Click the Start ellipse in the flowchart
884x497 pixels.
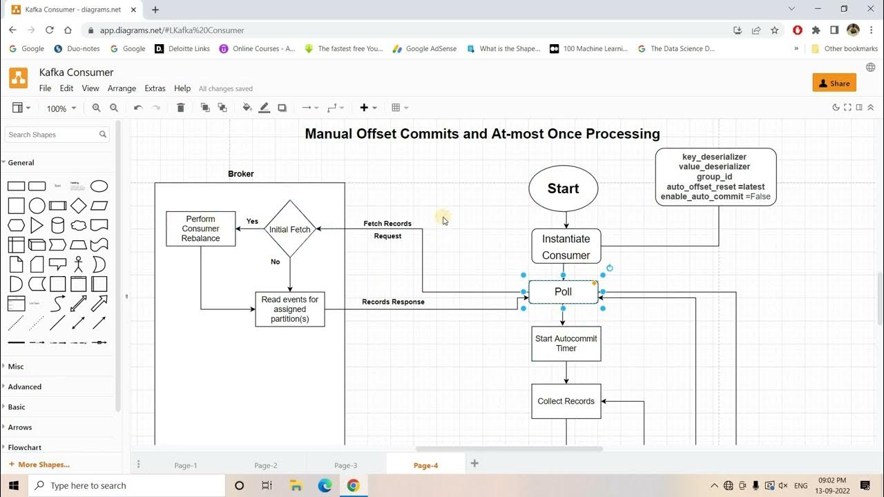[563, 188]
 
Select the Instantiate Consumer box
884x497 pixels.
[566, 246]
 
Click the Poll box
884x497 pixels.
[563, 292]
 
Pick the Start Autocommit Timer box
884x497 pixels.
[566, 344]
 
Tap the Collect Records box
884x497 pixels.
[566, 401]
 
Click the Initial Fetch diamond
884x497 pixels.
[289, 229]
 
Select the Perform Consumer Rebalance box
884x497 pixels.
[200, 228]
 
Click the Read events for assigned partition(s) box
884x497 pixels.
[289, 309]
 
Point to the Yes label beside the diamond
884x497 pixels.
[252, 222]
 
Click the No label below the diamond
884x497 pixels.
[275, 262]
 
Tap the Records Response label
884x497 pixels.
[393, 302]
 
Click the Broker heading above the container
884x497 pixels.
[241, 174]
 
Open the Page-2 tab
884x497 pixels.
[266, 465]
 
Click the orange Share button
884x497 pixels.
[834, 83]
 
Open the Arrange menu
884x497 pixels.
[122, 88]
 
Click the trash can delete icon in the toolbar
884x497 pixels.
[180, 107]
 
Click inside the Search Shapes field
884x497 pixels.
[53, 135]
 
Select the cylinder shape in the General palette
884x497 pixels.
[57, 225]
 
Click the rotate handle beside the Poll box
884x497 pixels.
[610, 269]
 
